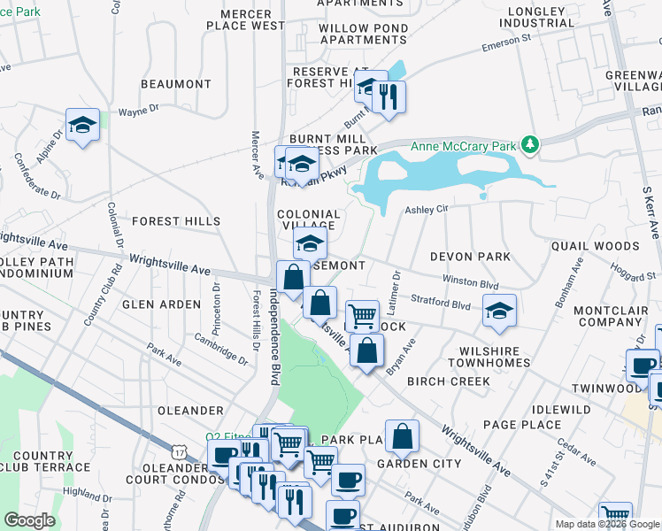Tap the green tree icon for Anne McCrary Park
pos(529,143)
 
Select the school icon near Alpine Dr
pos(82,125)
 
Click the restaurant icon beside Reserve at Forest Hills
pos(388,96)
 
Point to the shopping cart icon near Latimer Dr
pos(362,316)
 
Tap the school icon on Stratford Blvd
pos(499,311)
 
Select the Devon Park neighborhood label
pos(470,257)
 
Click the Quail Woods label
pos(595,246)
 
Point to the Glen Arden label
pos(161,304)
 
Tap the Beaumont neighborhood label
pos(174,84)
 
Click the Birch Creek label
pos(448,381)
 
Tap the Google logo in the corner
pos(28,520)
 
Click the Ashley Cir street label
pos(428,210)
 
